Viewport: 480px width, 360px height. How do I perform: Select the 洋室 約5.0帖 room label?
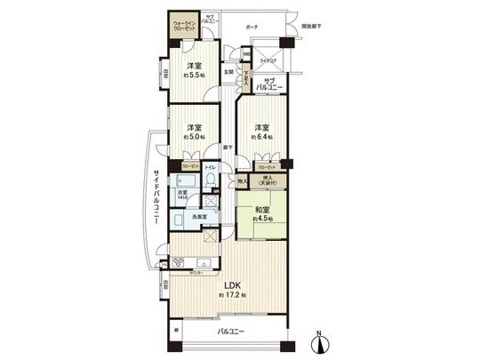click(x=195, y=131)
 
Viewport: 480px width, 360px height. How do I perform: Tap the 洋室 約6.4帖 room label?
click(x=260, y=131)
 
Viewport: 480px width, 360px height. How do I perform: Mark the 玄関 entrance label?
click(x=228, y=72)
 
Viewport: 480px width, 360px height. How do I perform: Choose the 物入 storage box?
click(x=243, y=181)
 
